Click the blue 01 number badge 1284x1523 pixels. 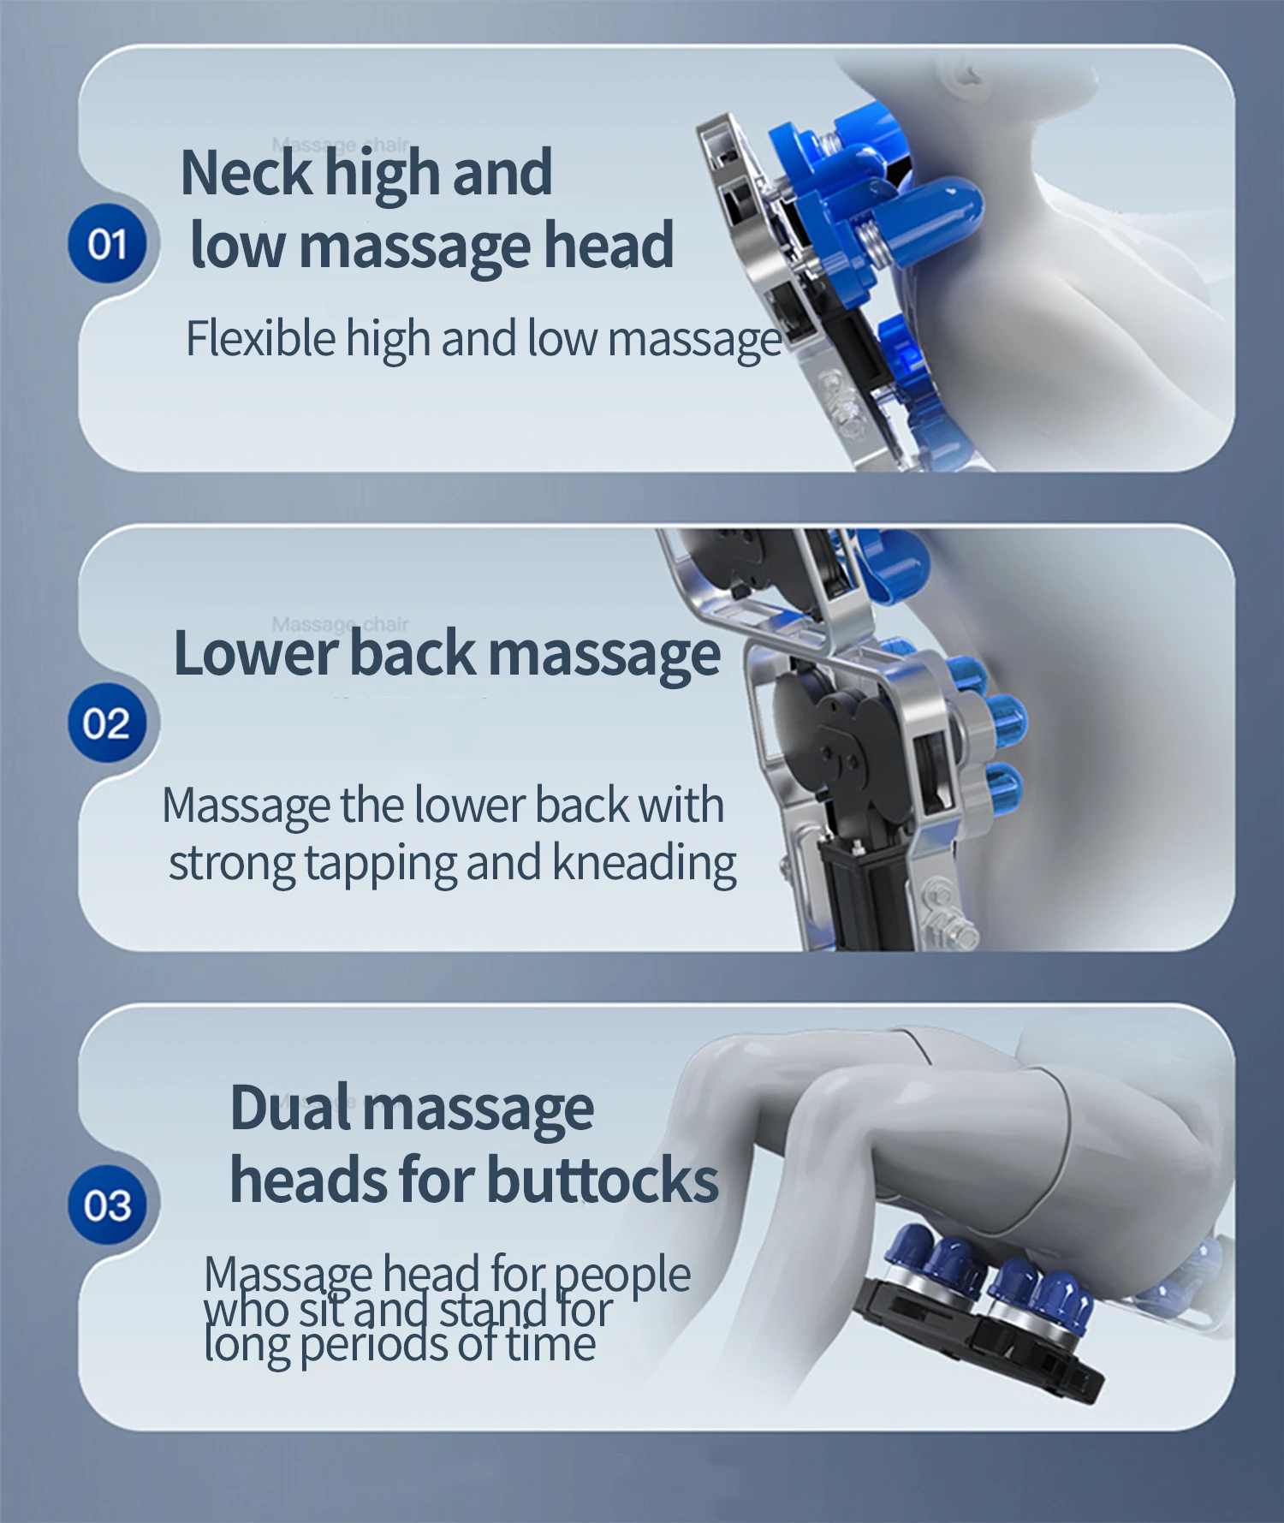tap(108, 244)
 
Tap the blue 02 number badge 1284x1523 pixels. tap(108, 723)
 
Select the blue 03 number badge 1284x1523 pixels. tap(108, 1205)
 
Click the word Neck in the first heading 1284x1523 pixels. tap(247, 173)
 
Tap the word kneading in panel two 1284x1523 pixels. tap(645, 862)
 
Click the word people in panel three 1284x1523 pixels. tap(622, 1276)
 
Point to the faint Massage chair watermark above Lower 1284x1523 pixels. tap(341, 623)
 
